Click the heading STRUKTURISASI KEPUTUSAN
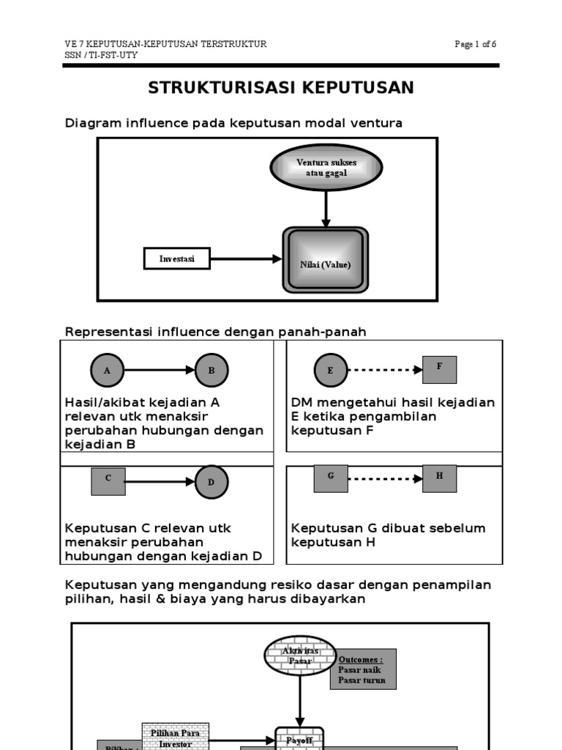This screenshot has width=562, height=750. coord(281,88)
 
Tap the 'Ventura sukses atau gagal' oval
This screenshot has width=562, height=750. coord(326,167)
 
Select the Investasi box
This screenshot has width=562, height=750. coord(177,259)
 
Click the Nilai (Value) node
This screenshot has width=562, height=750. coord(326,260)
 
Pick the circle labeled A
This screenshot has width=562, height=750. coord(107,371)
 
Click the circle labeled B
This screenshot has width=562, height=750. coord(211,371)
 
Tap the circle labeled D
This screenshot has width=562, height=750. coord(211,481)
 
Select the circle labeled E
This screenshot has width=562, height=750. coord(330,371)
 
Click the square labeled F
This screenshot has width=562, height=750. coord(440,369)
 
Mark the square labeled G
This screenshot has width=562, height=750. coord(331,478)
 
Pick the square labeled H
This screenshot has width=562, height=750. coord(440,478)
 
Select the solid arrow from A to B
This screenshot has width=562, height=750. coord(160,371)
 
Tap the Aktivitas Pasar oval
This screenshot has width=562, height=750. coord(299,656)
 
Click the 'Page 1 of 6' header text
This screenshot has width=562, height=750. coord(475,45)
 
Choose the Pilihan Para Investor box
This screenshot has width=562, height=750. coord(175,737)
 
